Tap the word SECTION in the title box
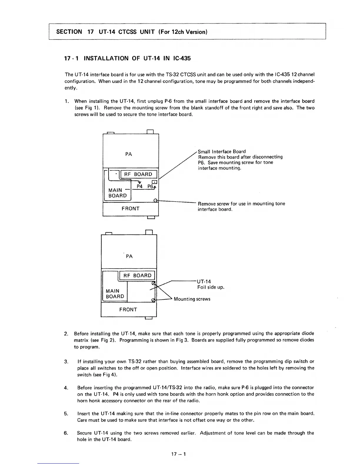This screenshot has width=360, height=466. [69, 32]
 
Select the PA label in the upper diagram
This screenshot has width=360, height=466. [129, 154]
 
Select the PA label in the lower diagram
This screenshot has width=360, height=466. [129, 256]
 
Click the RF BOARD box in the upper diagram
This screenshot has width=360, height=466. [138, 174]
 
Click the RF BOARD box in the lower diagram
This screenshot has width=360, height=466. [137, 275]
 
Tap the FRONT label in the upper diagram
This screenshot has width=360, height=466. [131, 209]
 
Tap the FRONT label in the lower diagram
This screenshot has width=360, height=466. [128, 309]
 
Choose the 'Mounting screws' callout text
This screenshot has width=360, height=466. [192, 299]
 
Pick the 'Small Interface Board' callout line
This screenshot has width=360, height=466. [222, 152]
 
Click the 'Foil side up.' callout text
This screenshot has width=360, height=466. [211, 287]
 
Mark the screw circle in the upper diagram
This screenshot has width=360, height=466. [156, 201]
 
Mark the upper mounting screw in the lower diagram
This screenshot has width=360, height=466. [153, 283]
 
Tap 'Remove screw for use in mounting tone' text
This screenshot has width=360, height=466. [241, 204]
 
